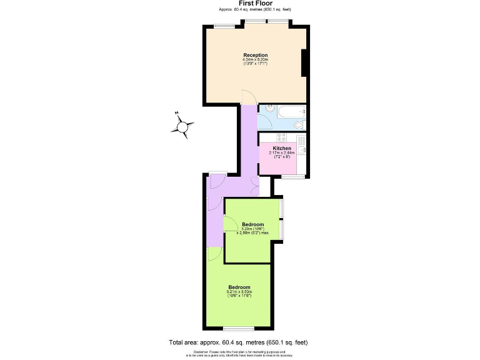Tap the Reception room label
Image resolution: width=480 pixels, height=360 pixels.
tap(256, 56)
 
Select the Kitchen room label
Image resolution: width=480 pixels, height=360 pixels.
tap(282, 148)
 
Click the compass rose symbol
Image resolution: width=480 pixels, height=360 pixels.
tap(182, 126)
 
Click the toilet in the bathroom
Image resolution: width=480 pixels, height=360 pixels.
tap(299, 126)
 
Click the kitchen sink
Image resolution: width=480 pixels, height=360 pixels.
tap(301, 150)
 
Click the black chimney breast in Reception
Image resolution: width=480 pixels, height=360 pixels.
tap(304, 62)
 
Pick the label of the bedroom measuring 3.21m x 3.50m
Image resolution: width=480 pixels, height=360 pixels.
tap(239, 287)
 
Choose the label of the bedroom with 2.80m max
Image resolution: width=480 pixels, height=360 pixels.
tap(252, 224)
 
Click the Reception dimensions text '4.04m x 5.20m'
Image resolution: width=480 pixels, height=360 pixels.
tap(255, 60)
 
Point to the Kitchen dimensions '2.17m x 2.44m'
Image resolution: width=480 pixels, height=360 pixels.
tap(282, 152)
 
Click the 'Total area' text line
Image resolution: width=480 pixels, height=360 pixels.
tap(239, 342)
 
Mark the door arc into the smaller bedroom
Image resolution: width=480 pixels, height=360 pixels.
tap(229, 224)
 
